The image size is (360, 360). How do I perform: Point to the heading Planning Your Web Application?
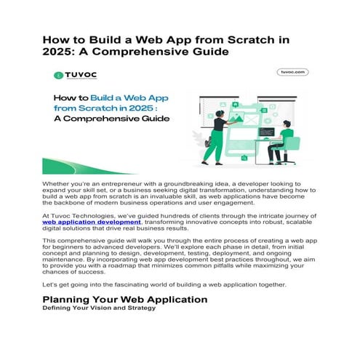(125, 299)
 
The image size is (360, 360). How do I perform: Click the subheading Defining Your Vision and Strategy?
(99, 308)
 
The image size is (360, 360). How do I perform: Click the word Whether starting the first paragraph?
(57, 185)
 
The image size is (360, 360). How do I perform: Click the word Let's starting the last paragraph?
(52, 284)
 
